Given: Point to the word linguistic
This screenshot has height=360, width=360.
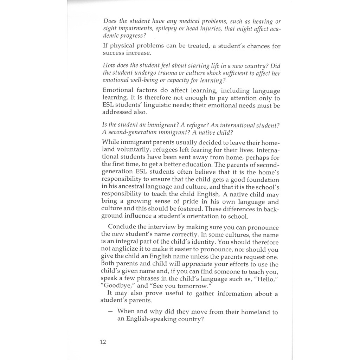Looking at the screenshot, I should [x=207, y=105].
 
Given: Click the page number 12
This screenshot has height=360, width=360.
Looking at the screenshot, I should [x=103, y=342].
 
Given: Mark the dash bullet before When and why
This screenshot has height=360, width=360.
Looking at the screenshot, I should [x=110, y=312].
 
